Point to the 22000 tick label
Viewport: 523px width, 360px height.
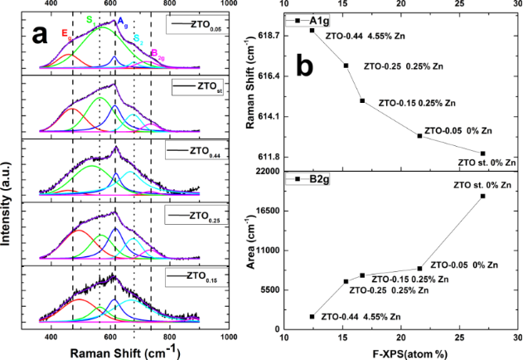point(264,171)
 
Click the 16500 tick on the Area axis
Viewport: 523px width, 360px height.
point(264,211)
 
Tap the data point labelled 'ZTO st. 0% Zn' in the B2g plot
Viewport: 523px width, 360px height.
point(482,196)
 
